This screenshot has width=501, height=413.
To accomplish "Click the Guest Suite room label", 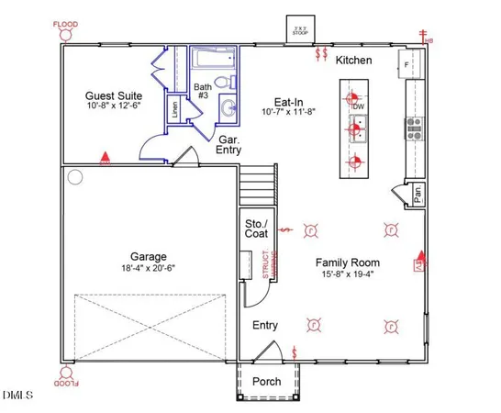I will pos(113,95).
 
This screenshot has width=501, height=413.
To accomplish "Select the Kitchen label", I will pos(353,60).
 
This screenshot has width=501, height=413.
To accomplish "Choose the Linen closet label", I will pos(174,110).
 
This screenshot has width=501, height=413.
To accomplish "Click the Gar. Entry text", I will pos(228,143).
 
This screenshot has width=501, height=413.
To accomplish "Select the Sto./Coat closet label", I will pos(254,229).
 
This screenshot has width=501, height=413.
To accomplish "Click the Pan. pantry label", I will pos(417,194).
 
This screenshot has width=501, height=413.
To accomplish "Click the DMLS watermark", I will pos(17,396).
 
